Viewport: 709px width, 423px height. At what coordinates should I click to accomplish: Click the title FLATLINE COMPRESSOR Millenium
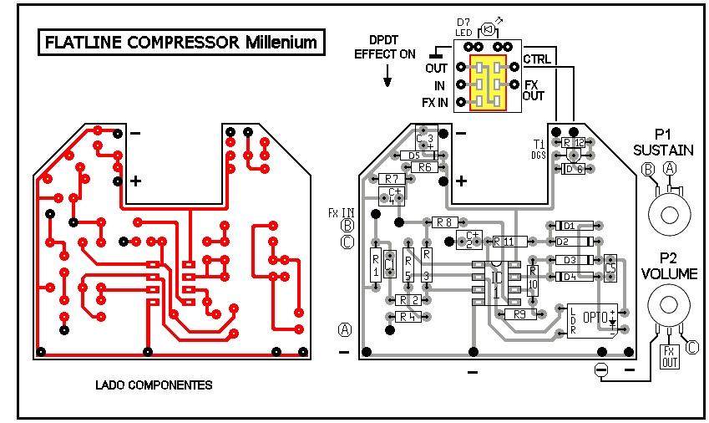tap(181, 42)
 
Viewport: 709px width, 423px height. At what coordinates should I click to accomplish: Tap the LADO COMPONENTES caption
tap(154, 385)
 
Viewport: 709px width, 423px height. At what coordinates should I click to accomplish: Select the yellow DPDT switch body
tap(487, 84)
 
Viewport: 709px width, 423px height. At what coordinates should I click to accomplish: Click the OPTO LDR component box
tap(593, 320)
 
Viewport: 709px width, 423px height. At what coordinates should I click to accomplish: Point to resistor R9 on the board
tap(520, 314)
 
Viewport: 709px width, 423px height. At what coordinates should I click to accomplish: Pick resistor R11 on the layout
tap(509, 242)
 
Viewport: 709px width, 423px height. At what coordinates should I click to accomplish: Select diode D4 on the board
tap(573, 276)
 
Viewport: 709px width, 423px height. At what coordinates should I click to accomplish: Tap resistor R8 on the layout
tap(444, 222)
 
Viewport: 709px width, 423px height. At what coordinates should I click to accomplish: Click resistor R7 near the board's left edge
tap(392, 179)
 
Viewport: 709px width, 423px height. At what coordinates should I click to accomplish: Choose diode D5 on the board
tap(415, 155)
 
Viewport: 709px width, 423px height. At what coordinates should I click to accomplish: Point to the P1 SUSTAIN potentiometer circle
tap(669, 215)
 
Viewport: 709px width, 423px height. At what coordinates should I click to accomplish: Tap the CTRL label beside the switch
tap(536, 59)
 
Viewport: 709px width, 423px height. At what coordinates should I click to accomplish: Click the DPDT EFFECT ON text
tap(384, 47)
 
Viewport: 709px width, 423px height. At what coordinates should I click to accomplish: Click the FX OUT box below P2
tap(670, 357)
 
